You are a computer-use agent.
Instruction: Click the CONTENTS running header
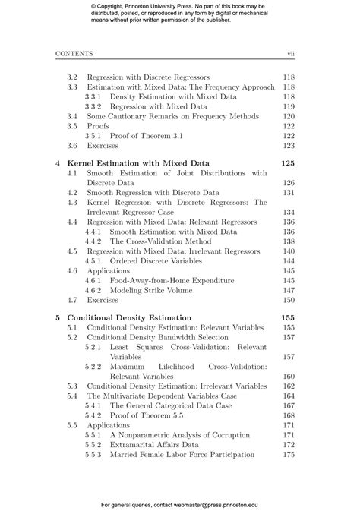(x=74, y=54)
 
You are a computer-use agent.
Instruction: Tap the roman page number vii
(x=290, y=54)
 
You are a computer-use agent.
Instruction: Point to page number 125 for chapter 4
(x=287, y=162)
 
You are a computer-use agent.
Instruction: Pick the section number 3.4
(x=72, y=116)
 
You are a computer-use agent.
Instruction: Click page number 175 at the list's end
(x=288, y=454)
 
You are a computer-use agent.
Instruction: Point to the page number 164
(x=288, y=396)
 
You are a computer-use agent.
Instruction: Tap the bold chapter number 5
(x=58, y=317)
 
